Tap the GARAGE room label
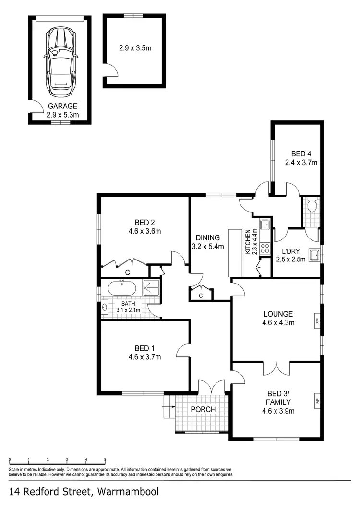62,107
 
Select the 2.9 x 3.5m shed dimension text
135,48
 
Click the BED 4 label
301,154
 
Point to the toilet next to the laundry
312,206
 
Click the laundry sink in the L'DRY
314,255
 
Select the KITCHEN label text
248,241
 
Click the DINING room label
207,237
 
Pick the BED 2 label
144,222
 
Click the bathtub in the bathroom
121,288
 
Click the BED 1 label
144,348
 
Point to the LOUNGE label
278,314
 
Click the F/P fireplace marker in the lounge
317,320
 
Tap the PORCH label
203,410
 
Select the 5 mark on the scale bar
105,459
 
